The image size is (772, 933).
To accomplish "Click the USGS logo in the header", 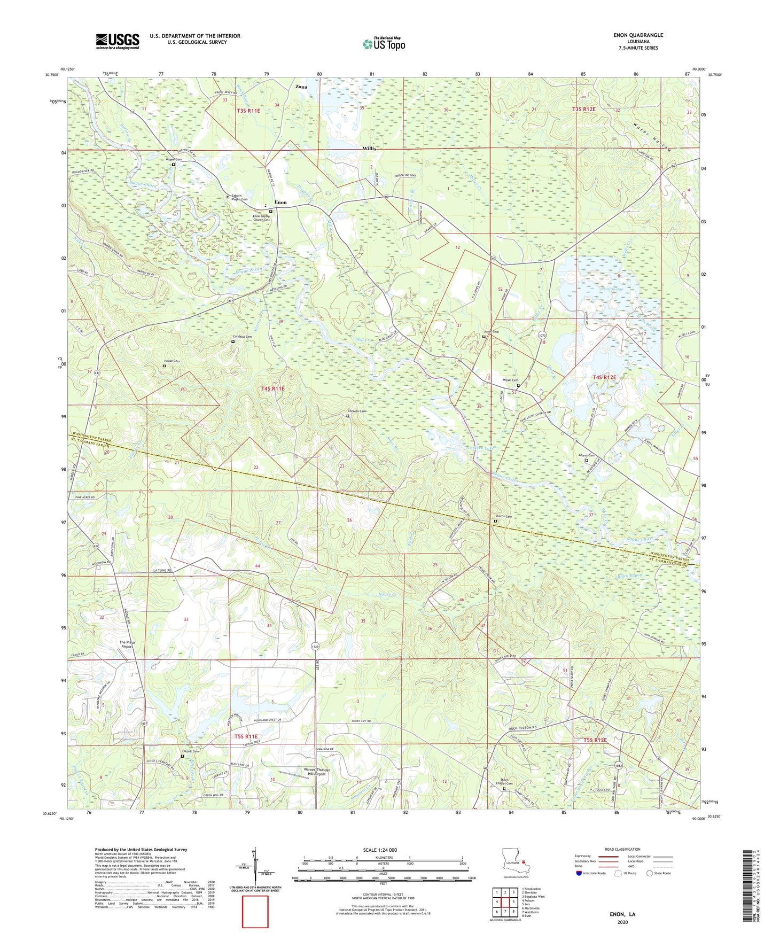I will tap(118, 41).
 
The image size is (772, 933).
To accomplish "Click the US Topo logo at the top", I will tap(384, 44).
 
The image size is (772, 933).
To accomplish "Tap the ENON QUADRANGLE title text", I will tap(638, 35).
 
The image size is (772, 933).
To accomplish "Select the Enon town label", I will tap(280, 203).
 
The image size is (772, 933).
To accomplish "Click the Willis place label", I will tap(370, 148).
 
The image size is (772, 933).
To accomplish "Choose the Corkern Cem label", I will tap(357, 411).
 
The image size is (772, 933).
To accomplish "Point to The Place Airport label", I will tap(127, 644).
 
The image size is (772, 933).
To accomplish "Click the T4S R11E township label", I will tap(273, 388).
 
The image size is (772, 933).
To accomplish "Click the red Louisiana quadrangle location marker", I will tap(525, 861).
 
